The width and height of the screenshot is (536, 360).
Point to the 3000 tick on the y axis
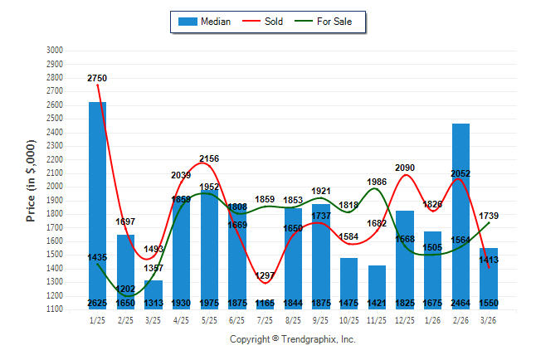point(54,51)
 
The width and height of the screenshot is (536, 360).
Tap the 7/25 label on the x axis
point(265,320)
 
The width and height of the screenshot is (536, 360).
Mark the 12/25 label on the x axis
point(404,320)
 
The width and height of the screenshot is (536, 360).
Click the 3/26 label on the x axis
point(488,320)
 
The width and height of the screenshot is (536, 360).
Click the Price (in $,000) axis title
point(31,179)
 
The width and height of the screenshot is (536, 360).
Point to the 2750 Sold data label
point(97,78)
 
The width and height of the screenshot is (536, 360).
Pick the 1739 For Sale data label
point(489,216)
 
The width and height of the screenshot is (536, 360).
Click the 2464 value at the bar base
point(460,304)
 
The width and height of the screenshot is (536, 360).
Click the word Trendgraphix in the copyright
point(306,339)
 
